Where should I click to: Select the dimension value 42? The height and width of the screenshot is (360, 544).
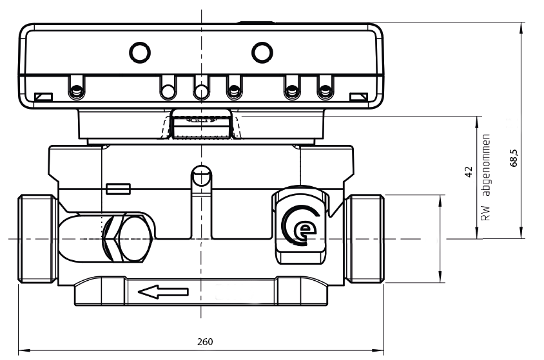469,171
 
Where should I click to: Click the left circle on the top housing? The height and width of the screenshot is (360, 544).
139,50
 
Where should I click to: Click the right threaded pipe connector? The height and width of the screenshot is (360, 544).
365,238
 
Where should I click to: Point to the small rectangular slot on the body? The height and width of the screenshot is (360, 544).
118,188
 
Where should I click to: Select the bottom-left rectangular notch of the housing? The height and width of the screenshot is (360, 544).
44,97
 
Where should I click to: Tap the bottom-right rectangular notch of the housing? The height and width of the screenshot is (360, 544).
358,97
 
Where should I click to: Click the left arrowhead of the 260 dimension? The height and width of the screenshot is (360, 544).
23,351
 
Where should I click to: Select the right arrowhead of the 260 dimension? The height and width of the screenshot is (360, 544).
380,351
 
